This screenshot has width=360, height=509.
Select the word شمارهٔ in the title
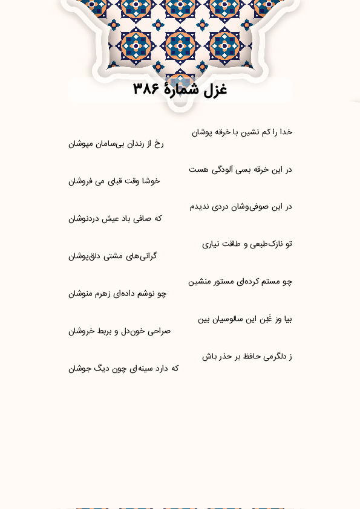(181, 89)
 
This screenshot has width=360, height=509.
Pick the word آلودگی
(220, 169)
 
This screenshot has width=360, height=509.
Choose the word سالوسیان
(226, 319)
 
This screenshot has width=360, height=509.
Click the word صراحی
(159, 331)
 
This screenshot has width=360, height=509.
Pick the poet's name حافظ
(255, 357)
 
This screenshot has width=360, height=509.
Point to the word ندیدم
(200, 207)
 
